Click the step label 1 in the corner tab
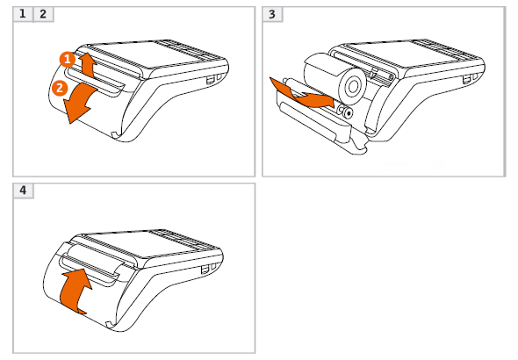tap(23, 14)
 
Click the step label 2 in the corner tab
tap(43, 14)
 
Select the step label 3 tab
tap(272, 14)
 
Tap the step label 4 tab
tap(23, 191)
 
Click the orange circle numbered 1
tap(68, 60)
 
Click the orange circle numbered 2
tap(60, 88)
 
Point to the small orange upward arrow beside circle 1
tap(87, 65)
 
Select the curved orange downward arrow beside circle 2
tap(80, 103)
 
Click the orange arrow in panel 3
tap(300, 94)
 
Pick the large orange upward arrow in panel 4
tap(76, 290)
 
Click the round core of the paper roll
tap(353, 87)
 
